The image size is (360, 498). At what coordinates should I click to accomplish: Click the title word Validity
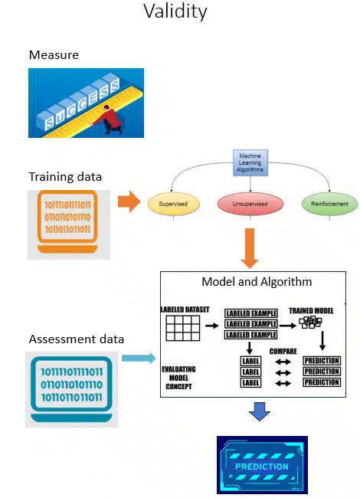tap(175, 12)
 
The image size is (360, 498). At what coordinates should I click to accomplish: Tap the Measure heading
tap(54, 54)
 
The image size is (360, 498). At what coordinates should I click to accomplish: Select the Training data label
tap(65, 177)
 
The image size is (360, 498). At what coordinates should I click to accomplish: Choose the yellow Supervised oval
tap(172, 204)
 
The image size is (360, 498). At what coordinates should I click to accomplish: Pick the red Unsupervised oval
tap(250, 204)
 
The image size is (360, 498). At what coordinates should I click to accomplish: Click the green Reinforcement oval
tap(330, 204)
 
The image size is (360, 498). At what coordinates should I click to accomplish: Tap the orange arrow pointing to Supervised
tap(129, 203)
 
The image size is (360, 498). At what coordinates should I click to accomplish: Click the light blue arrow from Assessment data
tap(139, 357)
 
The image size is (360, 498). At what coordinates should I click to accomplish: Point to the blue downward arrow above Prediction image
tap(260, 413)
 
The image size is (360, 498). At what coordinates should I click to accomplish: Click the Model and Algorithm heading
tap(257, 282)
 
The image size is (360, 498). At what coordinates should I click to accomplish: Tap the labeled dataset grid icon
tap(182, 329)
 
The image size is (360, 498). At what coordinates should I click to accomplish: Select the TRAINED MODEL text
tap(310, 310)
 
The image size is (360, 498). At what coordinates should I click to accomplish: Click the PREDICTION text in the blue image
tap(262, 466)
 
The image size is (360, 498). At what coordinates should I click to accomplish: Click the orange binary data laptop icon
tap(68, 222)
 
